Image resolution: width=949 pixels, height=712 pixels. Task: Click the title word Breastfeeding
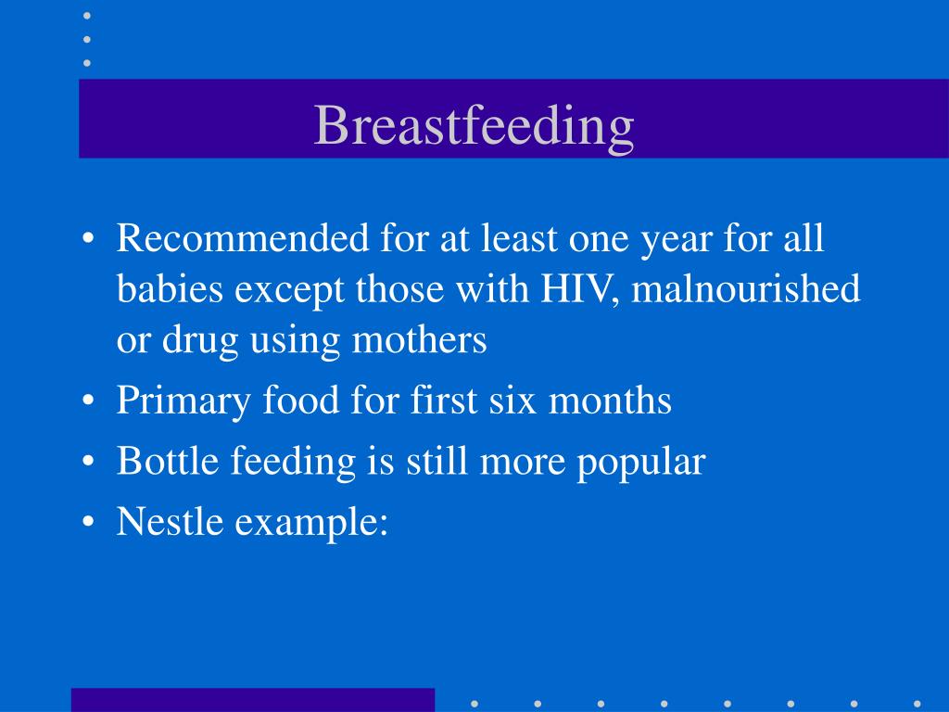pyautogui.click(x=474, y=126)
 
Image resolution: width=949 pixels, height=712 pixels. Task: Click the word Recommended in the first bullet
pyautogui.click(x=243, y=237)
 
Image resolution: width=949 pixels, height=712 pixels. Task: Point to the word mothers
pyautogui.click(x=420, y=339)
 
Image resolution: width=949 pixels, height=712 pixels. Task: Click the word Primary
pyautogui.click(x=183, y=401)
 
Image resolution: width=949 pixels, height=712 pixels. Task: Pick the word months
pyautogui.click(x=610, y=400)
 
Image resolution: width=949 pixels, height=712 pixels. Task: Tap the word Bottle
pyautogui.click(x=168, y=461)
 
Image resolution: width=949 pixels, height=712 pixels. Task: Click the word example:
pyautogui.click(x=311, y=523)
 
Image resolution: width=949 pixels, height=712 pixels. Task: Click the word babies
pyautogui.click(x=171, y=288)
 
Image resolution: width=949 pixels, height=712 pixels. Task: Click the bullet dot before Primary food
pyautogui.click(x=88, y=400)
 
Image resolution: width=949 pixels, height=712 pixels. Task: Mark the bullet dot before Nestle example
pyautogui.click(x=88, y=521)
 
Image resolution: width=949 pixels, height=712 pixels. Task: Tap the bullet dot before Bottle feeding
pyautogui.click(x=88, y=461)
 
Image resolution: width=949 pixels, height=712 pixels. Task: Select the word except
pyautogui.click(x=289, y=290)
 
